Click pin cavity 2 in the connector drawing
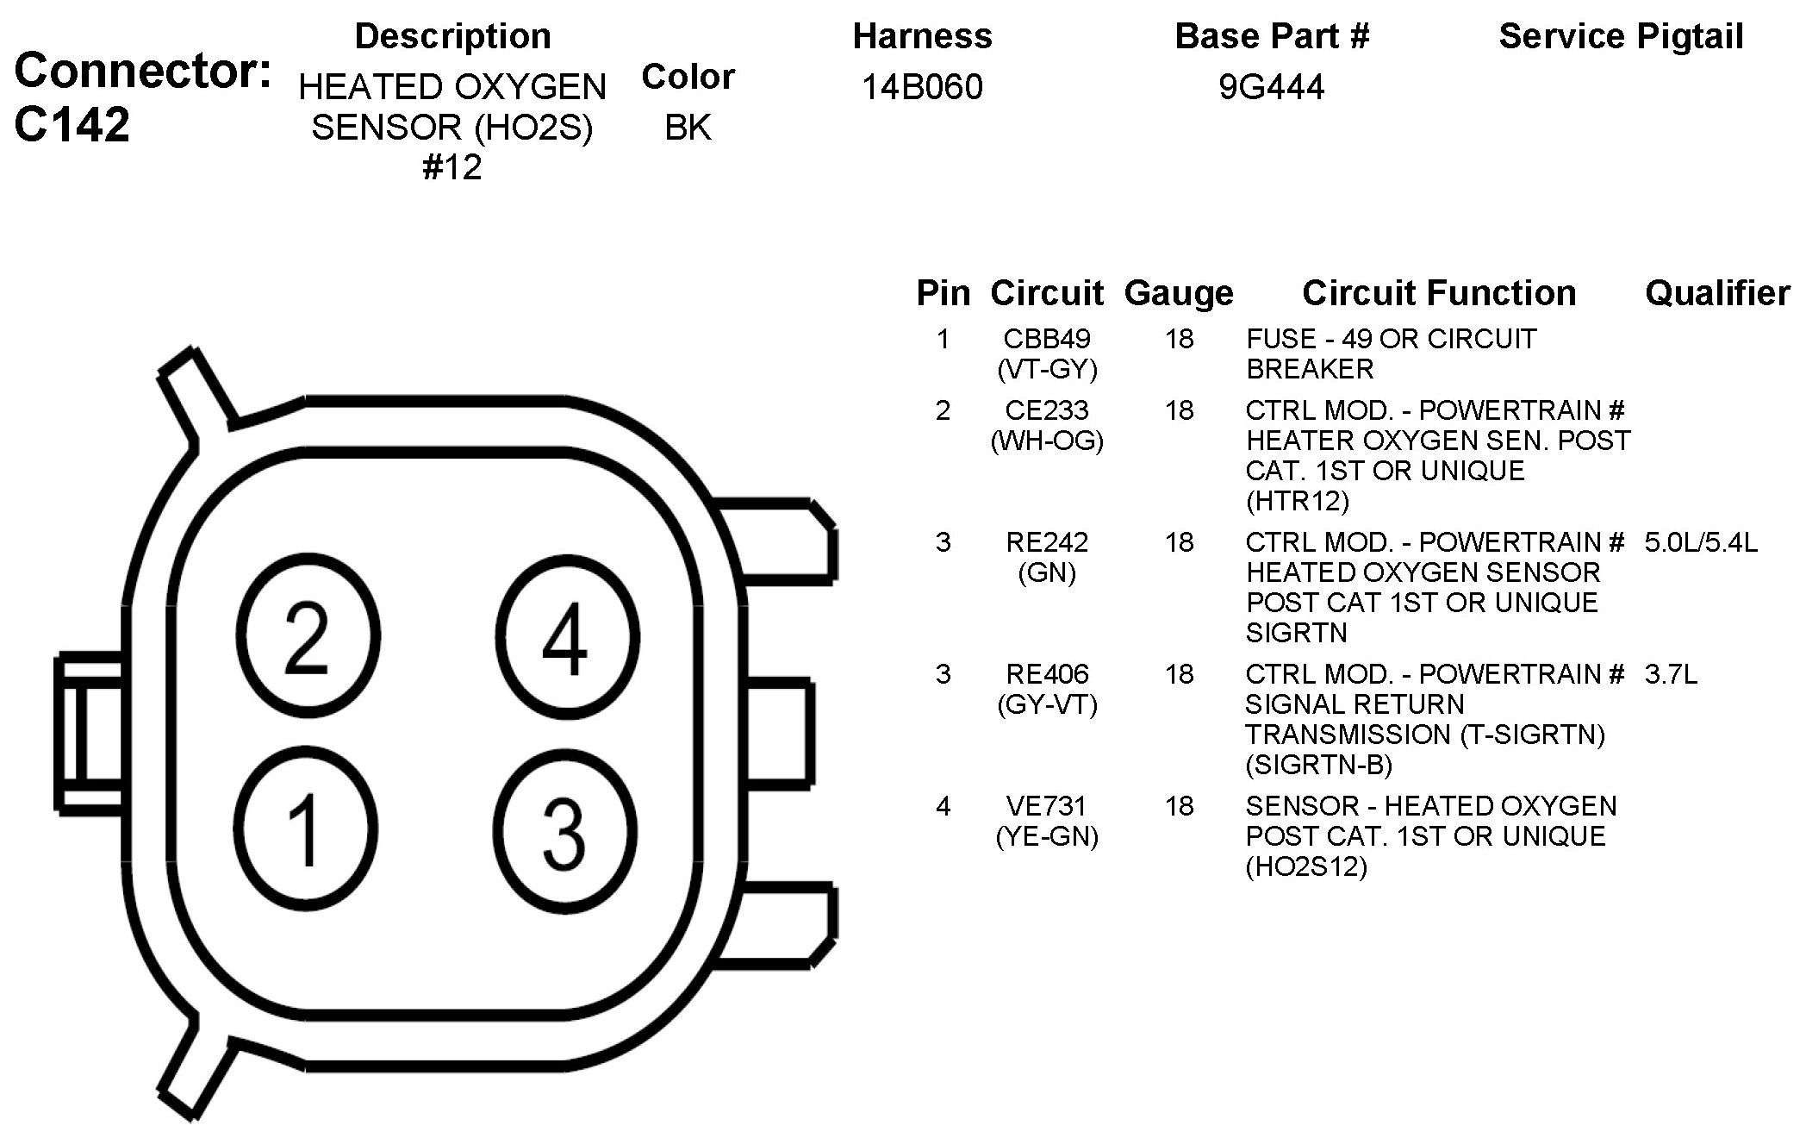pyautogui.click(x=307, y=636)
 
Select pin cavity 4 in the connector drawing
pyautogui.click(x=568, y=636)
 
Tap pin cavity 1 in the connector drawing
pyautogui.click(x=305, y=828)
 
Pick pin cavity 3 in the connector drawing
pyautogui.click(x=566, y=830)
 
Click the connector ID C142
pyautogui.click(x=72, y=124)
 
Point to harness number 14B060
pyautogui.click(x=922, y=87)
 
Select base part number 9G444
pyautogui.click(x=1271, y=87)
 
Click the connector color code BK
pyautogui.click(x=688, y=128)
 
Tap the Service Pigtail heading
pyautogui.click(x=1621, y=36)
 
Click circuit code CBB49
pyautogui.click(x=1047, y=339)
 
